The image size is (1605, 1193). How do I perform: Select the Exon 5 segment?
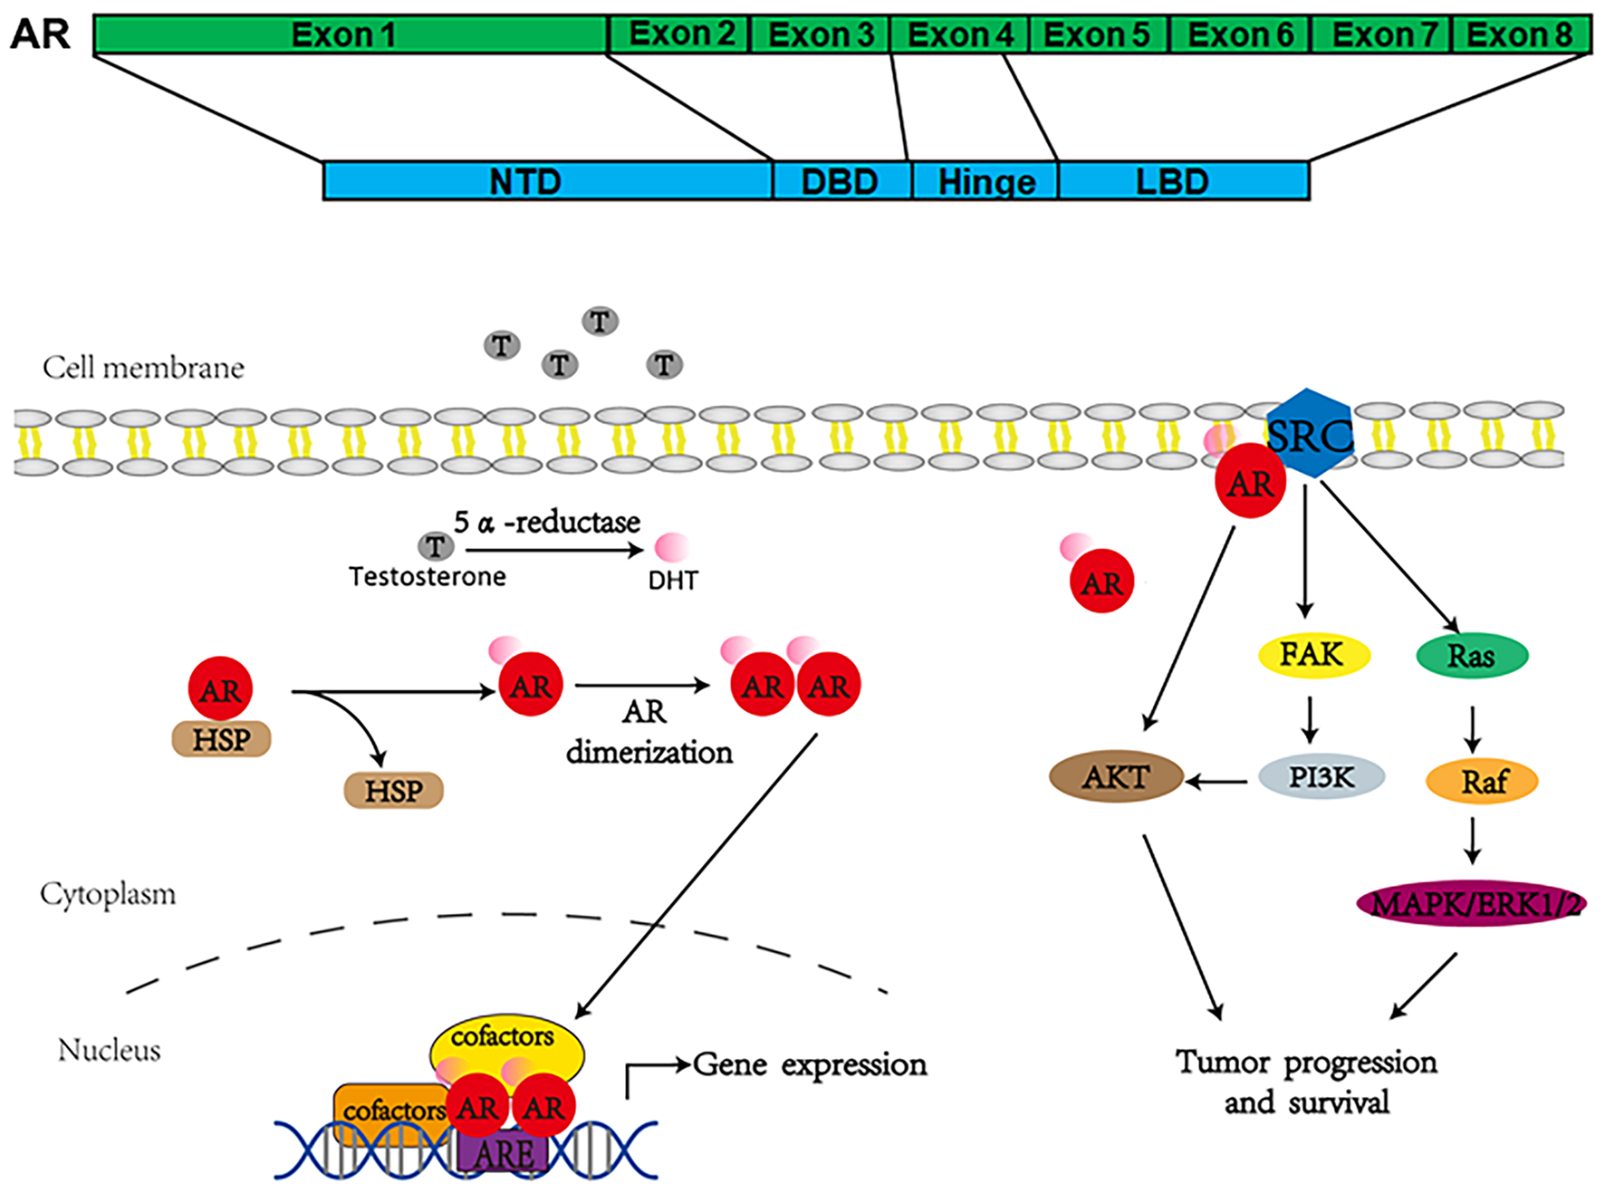[x=1098, y=35]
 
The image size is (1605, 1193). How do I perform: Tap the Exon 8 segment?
[x=1521, y=35]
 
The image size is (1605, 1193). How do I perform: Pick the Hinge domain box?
[x=985, y=181]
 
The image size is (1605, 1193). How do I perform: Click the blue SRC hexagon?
[x=1310, y=434]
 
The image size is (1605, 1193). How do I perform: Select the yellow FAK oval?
[x=1312, y=654]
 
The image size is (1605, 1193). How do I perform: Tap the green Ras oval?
[x=1472, y=656]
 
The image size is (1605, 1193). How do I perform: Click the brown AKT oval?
[x=1116, y=777]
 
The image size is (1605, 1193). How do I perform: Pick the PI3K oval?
[x=1321, y=777]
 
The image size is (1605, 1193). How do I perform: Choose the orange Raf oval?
[x=1482, y=782]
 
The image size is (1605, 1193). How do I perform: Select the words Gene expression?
[x=810, y=1064]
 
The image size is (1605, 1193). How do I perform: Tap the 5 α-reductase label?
[x=547, y=523]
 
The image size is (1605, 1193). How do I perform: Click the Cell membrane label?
[x=143, y=368]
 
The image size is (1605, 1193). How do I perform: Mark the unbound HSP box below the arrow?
[x=394, y=791]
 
